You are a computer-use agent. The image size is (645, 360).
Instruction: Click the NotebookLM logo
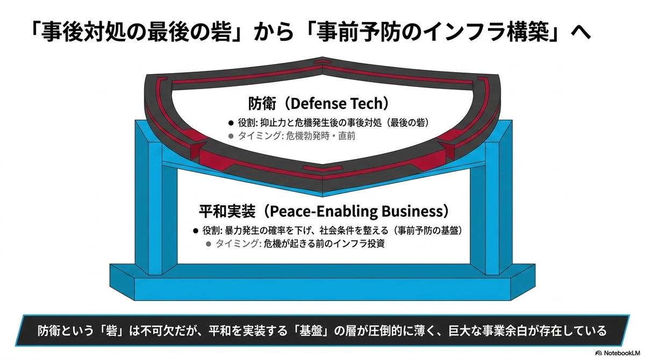point(619,353)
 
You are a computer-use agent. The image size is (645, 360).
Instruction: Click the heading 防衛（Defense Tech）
point(318,103)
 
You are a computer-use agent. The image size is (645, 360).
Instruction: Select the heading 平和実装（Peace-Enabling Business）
point(324,211)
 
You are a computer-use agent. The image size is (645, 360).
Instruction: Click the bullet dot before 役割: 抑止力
point(231,123)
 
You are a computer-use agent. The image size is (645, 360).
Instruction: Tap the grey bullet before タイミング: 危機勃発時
point(231,136)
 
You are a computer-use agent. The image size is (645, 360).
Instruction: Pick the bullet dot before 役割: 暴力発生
point(196,231)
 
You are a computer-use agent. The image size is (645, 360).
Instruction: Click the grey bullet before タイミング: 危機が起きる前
point(209,244)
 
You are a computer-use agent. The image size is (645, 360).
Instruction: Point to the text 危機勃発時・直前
point(320,136)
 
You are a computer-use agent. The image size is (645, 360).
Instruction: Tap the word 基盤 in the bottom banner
point(310,331)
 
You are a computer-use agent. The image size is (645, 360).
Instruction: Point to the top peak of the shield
point(322,57)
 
